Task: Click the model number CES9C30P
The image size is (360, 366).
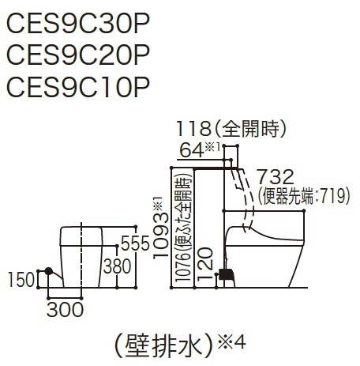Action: [x=78, y=24]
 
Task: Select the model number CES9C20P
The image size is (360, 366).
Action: [x=78, y=55]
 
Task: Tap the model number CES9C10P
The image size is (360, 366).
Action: [x=78, y=86]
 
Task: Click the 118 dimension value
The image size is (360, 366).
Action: [x=193, y=129]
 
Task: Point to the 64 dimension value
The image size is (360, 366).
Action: [x=192, y=150]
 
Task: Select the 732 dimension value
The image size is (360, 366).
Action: [x=276, y=177]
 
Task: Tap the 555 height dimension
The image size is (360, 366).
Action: [x=135, y=243]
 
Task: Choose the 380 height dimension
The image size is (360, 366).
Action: [x=117, y=266]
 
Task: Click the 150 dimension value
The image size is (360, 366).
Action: [x=21, y=280]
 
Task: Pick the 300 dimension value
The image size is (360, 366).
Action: [x=65, y=309]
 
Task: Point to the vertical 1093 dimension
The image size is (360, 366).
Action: [x=161, y=236]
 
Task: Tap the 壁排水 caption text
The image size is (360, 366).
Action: [x=163, y=345]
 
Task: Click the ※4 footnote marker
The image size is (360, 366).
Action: [x=231, y=341]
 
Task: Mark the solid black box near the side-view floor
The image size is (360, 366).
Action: [x=227, y=274]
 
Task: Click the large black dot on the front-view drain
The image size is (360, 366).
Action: [x=49, y=271]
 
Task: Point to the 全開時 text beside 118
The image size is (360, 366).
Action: [x=250, y=129]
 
